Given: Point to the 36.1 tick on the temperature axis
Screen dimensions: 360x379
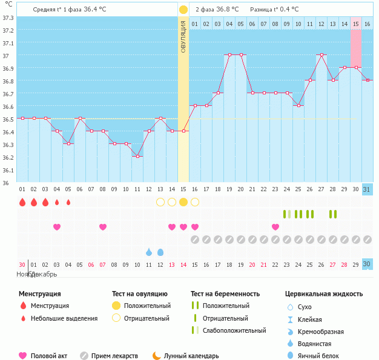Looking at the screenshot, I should [8, 170].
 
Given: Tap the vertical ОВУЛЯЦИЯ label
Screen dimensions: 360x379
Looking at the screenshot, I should [183, 36].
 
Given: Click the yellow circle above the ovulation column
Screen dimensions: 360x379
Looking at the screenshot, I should [183, 10].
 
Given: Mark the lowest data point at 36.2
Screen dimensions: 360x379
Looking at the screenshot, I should [137, 157].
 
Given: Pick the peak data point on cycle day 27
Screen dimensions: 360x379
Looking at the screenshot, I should [322, 55].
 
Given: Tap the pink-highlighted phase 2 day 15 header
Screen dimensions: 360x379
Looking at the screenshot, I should [356, 24].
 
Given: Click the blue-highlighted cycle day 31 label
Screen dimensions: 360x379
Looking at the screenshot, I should [367, 189].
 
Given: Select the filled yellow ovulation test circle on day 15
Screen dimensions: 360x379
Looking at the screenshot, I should [183, 202].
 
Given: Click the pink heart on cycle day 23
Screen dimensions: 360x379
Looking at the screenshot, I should [275, 227].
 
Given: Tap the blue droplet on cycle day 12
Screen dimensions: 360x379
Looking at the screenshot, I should [160, 252].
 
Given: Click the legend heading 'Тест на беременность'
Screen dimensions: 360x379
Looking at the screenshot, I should [225, 293].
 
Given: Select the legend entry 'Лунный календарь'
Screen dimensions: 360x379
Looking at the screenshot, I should [190, 356].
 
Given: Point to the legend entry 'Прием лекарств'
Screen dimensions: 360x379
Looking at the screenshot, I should [114, 356].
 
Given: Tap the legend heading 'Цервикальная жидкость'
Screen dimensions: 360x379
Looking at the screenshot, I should [324, 293].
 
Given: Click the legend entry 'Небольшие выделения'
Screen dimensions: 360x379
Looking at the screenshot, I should [64, 318].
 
